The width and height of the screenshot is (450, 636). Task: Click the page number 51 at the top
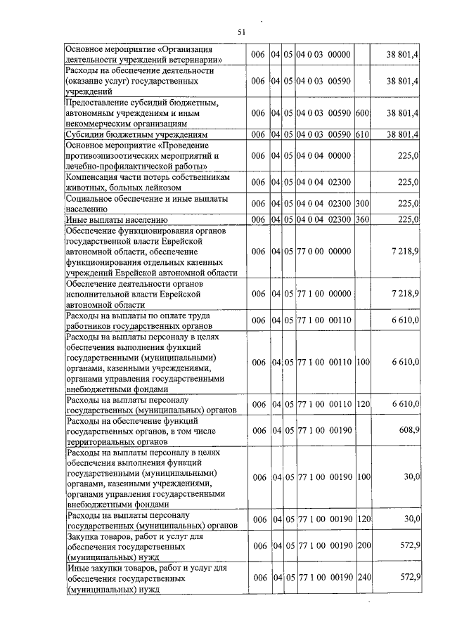242,32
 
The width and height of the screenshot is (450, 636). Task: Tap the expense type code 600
363,112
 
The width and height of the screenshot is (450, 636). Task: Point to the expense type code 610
363,134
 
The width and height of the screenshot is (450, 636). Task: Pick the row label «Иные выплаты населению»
117,219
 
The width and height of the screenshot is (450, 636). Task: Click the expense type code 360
363,219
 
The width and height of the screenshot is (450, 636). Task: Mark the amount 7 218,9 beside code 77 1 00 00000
405,293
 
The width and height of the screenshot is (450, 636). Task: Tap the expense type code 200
363,546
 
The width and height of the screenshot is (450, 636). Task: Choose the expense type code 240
363,577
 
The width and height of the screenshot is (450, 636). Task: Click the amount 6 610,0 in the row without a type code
405,320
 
